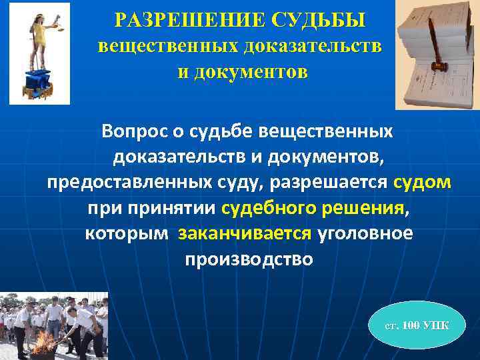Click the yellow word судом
422,183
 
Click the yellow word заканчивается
245,234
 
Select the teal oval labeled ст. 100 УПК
417,325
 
